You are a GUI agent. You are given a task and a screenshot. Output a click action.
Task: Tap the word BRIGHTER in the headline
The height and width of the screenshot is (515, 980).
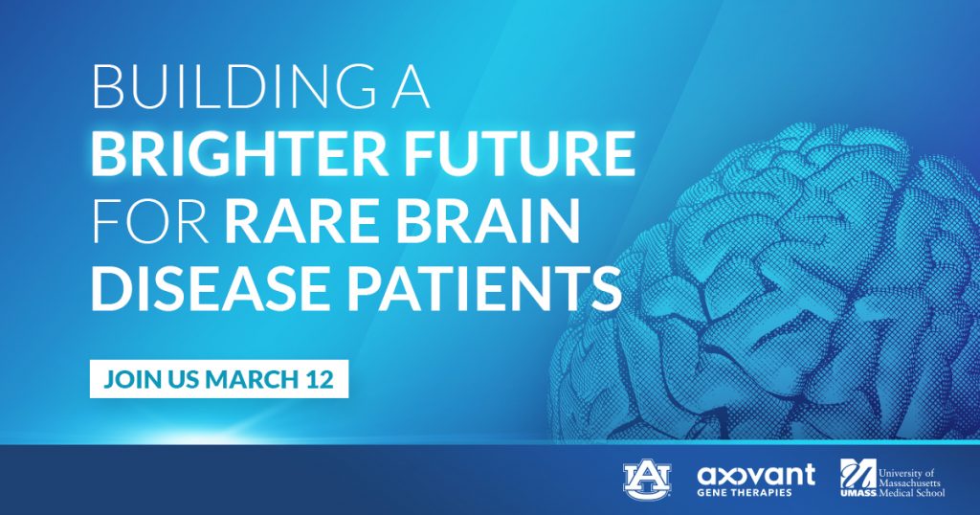tap(240, 154)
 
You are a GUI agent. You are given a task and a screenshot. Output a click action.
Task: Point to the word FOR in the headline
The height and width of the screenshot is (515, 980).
tap(150, 221)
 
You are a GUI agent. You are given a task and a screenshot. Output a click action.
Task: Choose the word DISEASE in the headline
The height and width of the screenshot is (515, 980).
tap(210, 289)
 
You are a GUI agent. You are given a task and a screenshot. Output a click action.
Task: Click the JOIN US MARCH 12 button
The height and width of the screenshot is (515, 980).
tap(219, 379)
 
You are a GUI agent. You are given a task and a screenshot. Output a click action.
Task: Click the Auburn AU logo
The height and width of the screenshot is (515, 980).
tap(647, 480)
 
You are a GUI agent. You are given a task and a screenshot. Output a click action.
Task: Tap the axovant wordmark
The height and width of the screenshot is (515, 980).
tap(756, 475)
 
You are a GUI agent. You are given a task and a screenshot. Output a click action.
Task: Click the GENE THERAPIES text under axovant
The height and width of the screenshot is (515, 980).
tap(745, 492)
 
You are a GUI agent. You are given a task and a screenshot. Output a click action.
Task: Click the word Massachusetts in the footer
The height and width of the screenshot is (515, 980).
tap(909, 483)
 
